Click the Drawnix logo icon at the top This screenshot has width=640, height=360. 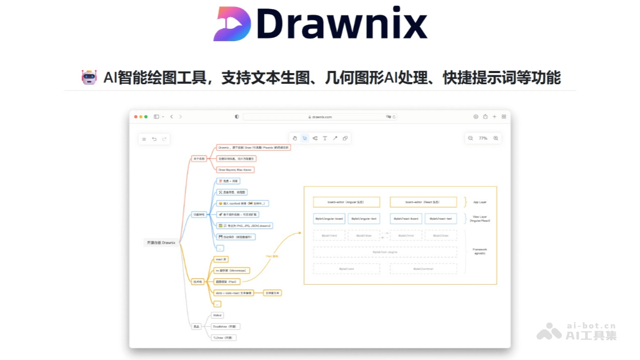[231, 25]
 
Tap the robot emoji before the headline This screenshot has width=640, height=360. [89, 78]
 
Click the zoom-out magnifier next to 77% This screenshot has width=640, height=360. [470, 138]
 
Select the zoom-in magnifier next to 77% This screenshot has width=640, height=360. [496, 138]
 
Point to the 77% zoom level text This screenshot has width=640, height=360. [483, 138]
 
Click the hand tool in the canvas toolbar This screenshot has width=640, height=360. [294, 138]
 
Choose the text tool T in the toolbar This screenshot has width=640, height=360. [325, 138]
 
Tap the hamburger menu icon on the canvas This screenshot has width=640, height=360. [144, 139]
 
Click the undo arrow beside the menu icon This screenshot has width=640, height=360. [154, 139]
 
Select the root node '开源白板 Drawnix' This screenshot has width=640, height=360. [161, 243]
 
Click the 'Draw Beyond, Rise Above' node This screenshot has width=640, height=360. [235, 170]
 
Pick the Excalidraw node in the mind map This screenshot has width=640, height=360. [226, 326]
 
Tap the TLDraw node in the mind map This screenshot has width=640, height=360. [223, 338]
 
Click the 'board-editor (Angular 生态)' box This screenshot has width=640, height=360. [347, 202]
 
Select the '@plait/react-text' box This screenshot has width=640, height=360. [441, 219]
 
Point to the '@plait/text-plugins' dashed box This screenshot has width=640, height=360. [385, 252]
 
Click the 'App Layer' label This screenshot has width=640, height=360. [480, 202]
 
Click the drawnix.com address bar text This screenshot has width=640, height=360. [322, 117]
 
